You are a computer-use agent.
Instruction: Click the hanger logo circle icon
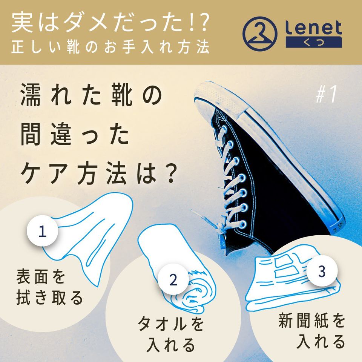pyautogui.click(x=260, y=34)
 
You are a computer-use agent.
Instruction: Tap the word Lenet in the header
pyautogui.click(x=313, y=27)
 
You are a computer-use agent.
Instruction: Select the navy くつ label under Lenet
pyautogui.click(x=314, y=42)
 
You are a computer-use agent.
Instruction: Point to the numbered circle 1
pyautogui.click(x=42, y=231)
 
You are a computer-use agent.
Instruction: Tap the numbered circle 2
pyautogui.click(x=173, y=279)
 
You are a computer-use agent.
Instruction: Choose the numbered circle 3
pyautogui.click(x=322, y=271)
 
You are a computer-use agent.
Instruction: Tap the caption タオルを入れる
pyautogui.click(x=171, y=334)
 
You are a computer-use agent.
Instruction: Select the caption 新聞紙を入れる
pyautogui.click(x=312, y=331)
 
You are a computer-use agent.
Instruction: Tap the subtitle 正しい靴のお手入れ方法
pyautogui.click(x=110, y=47)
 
